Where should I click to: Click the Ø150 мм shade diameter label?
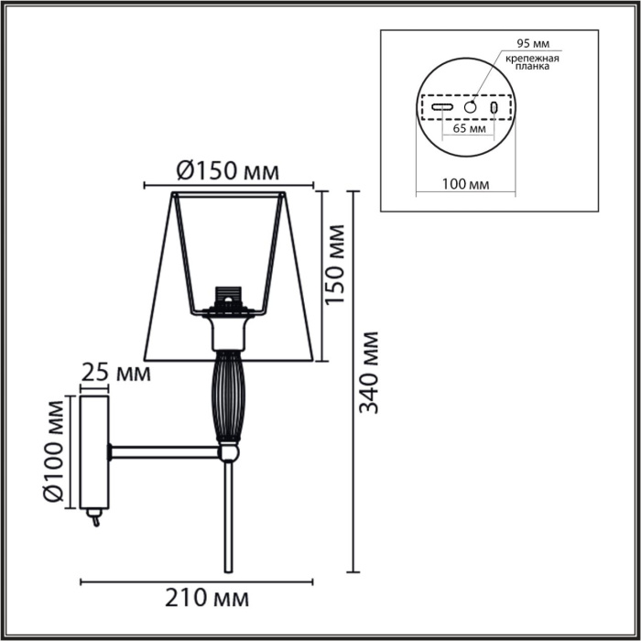coord(226,170)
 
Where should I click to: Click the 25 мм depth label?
coord(115,373)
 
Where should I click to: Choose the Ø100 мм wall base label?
coord(57,451)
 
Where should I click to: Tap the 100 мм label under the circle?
coord(465,184)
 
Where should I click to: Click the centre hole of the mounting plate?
coord(471,108)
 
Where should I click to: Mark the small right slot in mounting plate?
coord(494,108)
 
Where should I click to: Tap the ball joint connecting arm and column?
coord(228,451)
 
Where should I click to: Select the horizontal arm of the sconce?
coord(165,451)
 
